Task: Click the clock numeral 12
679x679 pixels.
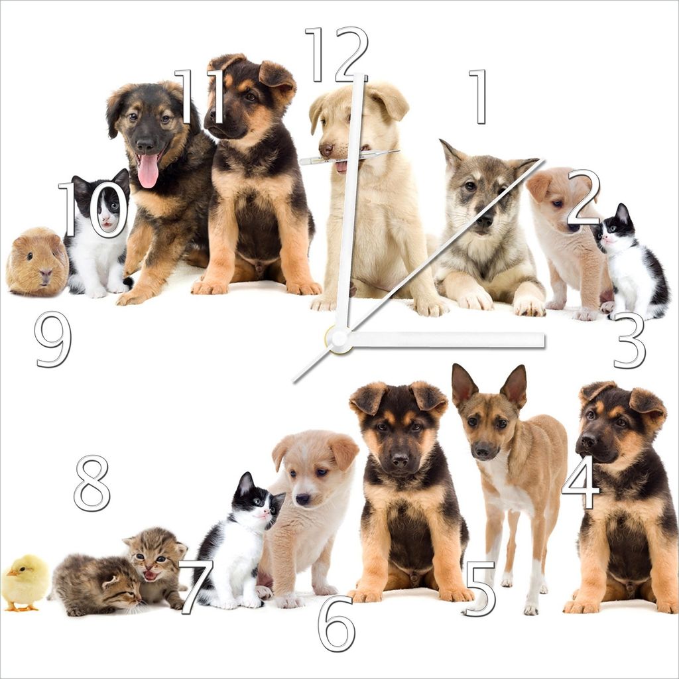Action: [336, 54]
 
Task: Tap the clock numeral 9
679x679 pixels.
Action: [53, 339]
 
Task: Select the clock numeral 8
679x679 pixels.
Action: [92, 483]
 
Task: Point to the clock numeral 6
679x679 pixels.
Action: [336, 623]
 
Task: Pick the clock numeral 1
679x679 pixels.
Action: [478, 97]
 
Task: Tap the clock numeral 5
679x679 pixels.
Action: [479, 589]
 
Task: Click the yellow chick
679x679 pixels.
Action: [25, 582]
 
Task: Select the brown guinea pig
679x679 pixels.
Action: [37, 261]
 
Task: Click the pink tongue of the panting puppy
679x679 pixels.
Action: [148, 170]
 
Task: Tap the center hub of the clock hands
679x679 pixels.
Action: [339, 338]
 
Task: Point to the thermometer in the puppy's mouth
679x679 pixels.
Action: [349, 156]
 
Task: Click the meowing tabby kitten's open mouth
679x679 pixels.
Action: [150, 576]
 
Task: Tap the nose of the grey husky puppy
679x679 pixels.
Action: [483, 222]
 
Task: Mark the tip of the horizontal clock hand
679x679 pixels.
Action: [544, 340]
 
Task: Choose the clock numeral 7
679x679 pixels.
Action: [196, 587]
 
